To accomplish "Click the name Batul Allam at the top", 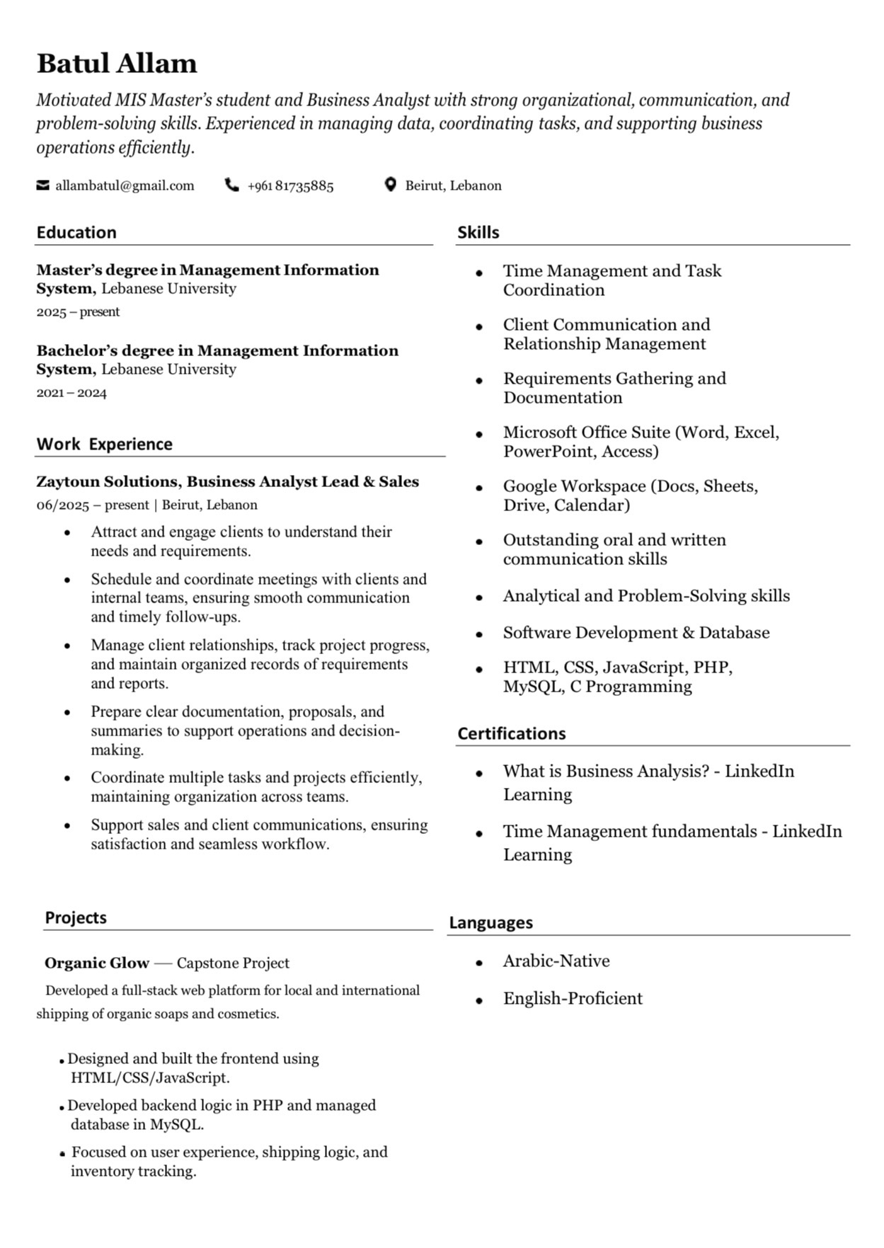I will (117, 64).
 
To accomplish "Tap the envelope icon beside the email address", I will (43, 185).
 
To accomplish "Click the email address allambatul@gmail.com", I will (125, 185).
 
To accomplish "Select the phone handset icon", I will (231, 185).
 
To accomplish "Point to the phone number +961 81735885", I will (290, 186).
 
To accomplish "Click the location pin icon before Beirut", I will (390, 185).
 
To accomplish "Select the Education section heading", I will (76, 232).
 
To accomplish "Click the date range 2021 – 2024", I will (71, 393).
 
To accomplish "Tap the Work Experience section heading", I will (104, 444).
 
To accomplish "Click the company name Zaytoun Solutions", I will (109, 482).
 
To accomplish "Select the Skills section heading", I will (478, 232).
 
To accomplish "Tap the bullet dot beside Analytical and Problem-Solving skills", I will (479, 597).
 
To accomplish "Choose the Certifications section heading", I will (511, 733).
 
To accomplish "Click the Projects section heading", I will (76, 917).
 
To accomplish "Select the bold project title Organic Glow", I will (97, 963).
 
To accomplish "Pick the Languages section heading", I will (490, 922).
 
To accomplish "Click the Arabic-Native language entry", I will (556, 961).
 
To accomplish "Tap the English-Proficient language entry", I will (573, 999).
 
